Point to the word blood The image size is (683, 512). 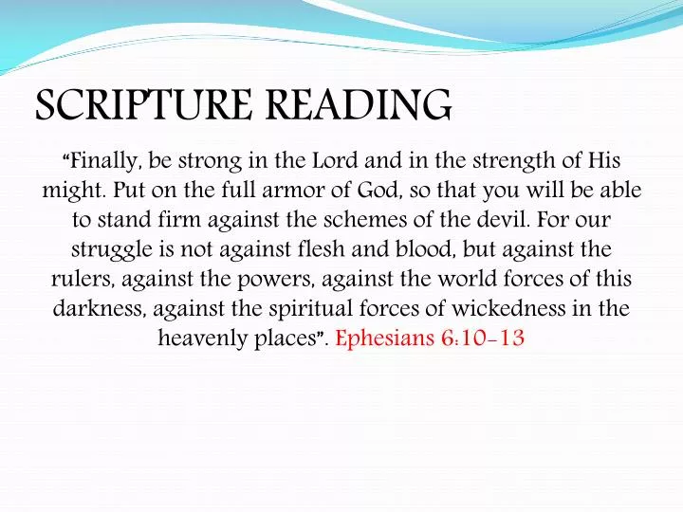pos(396,250)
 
